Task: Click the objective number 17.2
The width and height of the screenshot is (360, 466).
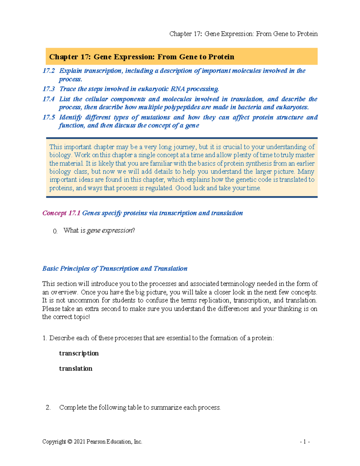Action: pos(49,71)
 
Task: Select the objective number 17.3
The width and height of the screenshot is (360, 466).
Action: pos(49,89)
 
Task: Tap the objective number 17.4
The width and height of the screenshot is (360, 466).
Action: pos(49,99)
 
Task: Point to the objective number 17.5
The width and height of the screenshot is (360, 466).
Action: pos(49,117)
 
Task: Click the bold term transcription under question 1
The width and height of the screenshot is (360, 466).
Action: pos(79,353)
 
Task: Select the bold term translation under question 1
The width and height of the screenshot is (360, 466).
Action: pos(76,369)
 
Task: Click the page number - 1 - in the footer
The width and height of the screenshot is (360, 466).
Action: pos(305,442)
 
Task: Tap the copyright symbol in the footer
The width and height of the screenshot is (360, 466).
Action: pos(70,442)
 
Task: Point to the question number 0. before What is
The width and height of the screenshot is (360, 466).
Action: pos(55,231)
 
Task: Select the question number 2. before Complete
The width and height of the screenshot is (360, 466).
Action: pos(48,407)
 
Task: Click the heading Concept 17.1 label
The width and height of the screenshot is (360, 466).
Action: pos(61,213)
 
